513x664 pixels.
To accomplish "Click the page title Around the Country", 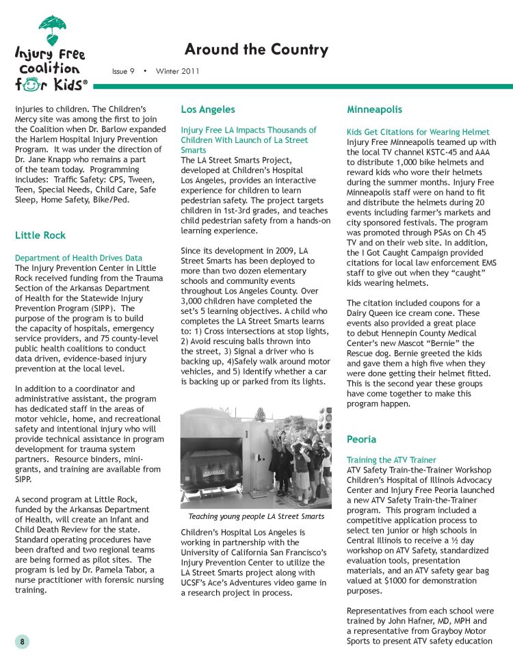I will [x=256, y=50].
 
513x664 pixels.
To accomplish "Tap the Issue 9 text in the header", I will [x=123, y=70].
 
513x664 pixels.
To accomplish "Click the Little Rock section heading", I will [x=40, y=235].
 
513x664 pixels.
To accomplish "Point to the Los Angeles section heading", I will [x=208, y=109].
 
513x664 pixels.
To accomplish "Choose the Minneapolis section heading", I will [x=374, y=109].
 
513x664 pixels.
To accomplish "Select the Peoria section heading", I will [x=362, y=438].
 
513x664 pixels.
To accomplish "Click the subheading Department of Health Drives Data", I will [x=79, y=258].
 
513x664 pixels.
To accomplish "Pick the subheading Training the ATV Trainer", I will [x=392, y=460].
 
